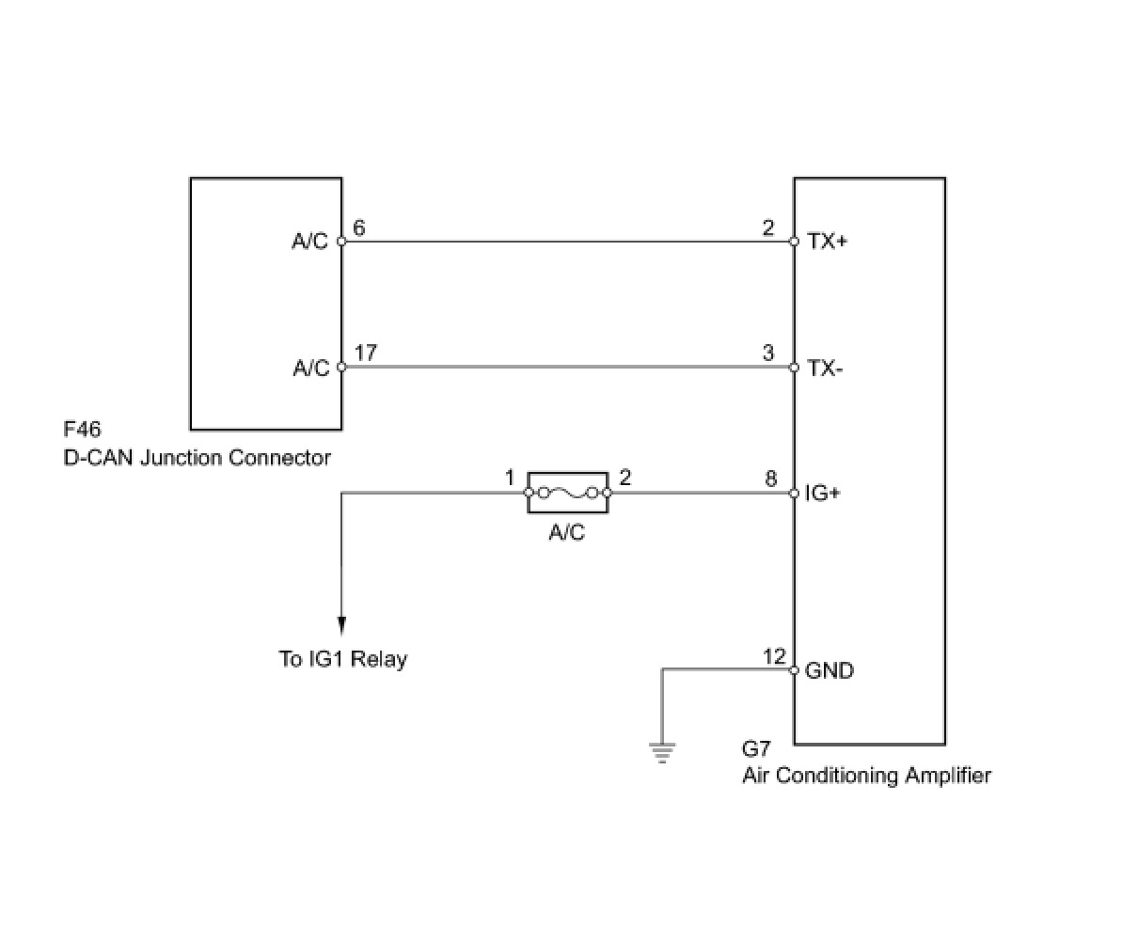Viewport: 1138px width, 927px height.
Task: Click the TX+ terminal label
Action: (x=827, y=242)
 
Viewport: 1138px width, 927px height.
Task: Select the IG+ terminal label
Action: (x=822, y=493)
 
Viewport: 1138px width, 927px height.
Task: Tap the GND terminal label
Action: (x=829, y=670)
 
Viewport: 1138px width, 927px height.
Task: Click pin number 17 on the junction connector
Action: (x=366, y=353)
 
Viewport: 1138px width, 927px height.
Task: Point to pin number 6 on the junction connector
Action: (x=358, y=228)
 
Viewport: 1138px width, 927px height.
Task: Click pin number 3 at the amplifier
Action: (x=768, y=353)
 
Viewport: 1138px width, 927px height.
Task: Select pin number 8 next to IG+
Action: (x=770, y=479)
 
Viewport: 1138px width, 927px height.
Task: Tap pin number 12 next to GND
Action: (x=773, y=656)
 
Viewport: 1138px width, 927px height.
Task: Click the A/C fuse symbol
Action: (x=567, y=492)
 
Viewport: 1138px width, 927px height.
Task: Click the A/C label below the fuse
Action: (x=566, y=533)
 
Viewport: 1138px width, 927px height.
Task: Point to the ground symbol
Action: (x=662, y=751)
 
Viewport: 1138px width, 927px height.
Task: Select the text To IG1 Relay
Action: (x=343, y=658)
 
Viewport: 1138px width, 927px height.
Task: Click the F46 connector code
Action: (x=82, y=431)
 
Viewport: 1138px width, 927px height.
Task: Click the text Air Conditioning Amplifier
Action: (x=866, y=776)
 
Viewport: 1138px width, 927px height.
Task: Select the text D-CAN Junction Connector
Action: (x=198, y=458)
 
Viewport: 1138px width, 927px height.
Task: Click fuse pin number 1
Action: (x=510, y=479)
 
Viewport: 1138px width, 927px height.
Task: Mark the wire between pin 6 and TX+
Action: (x=564, y=242)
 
